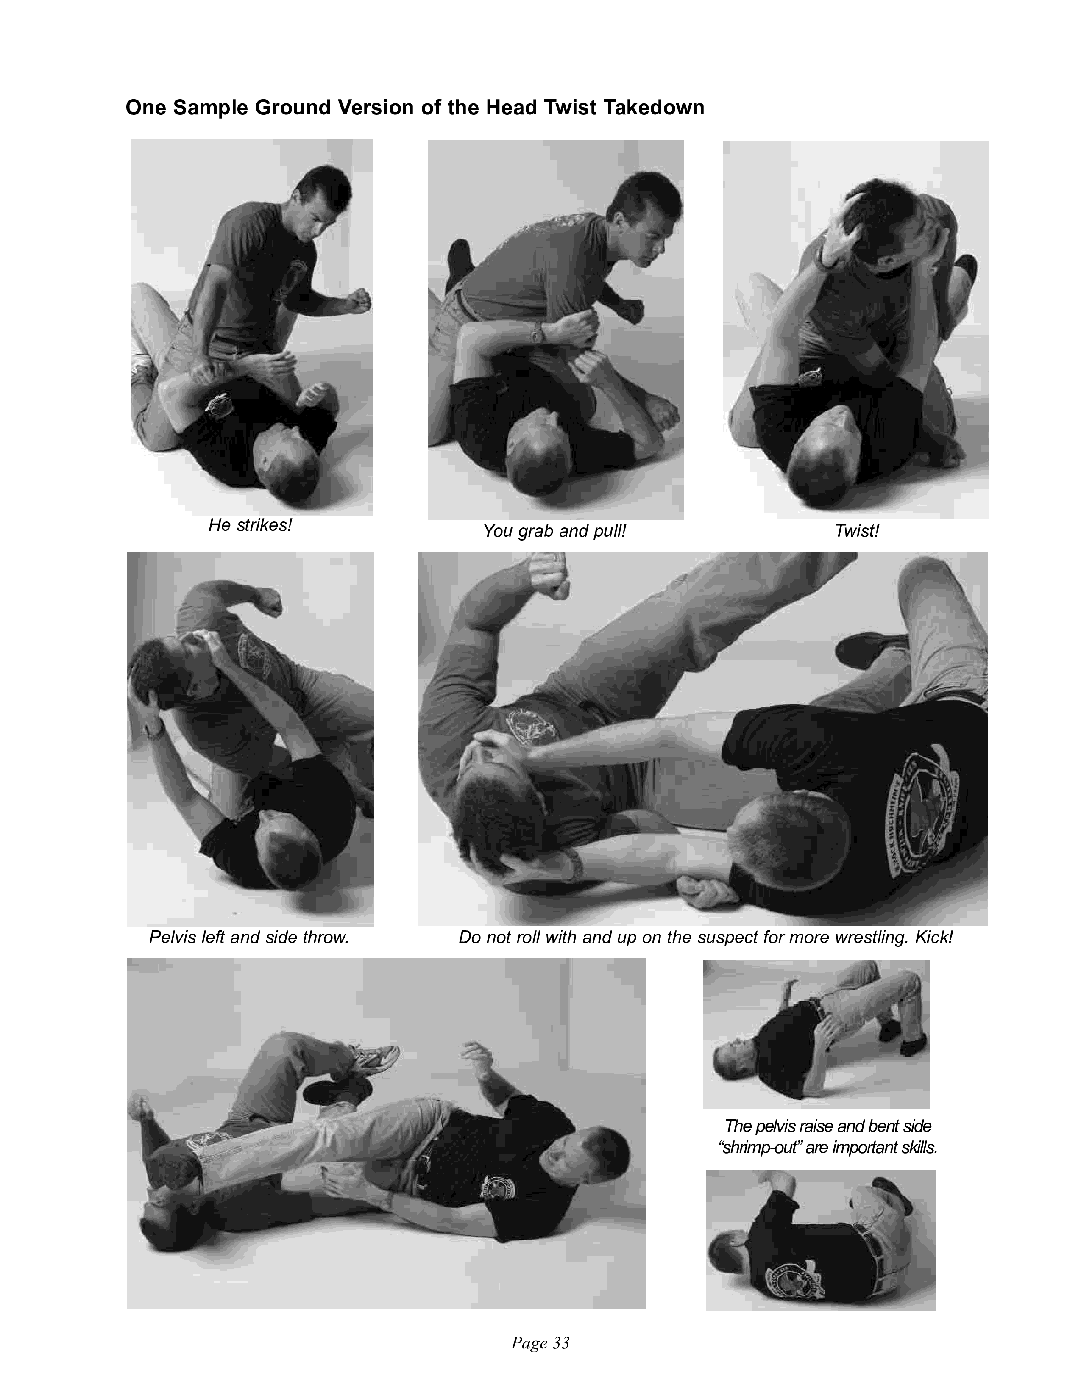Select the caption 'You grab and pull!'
[554, 531]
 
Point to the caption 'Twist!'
[857, 531]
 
